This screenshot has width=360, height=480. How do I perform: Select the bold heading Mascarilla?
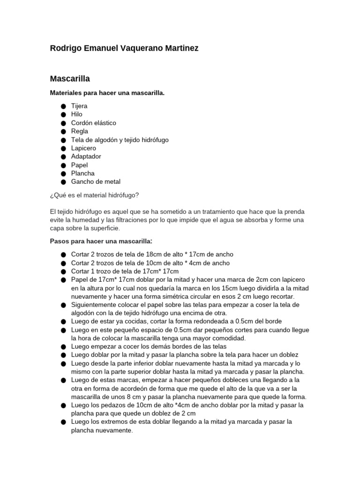click(70, 79)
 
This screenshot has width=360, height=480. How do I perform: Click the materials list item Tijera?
click(79, 106)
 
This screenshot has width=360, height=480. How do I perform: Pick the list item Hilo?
click(76, 114)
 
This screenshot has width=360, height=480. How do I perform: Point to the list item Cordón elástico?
click(93, 123)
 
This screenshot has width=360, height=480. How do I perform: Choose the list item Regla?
click(79, 131)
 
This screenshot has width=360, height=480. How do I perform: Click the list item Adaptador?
click(86, 157)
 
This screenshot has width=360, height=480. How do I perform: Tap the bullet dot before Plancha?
click(63, 173)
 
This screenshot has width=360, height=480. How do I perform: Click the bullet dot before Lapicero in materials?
click(63, 148)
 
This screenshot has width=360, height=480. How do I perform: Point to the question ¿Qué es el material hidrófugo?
click(94, 195)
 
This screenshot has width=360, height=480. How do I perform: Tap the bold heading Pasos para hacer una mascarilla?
click(101, 241)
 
